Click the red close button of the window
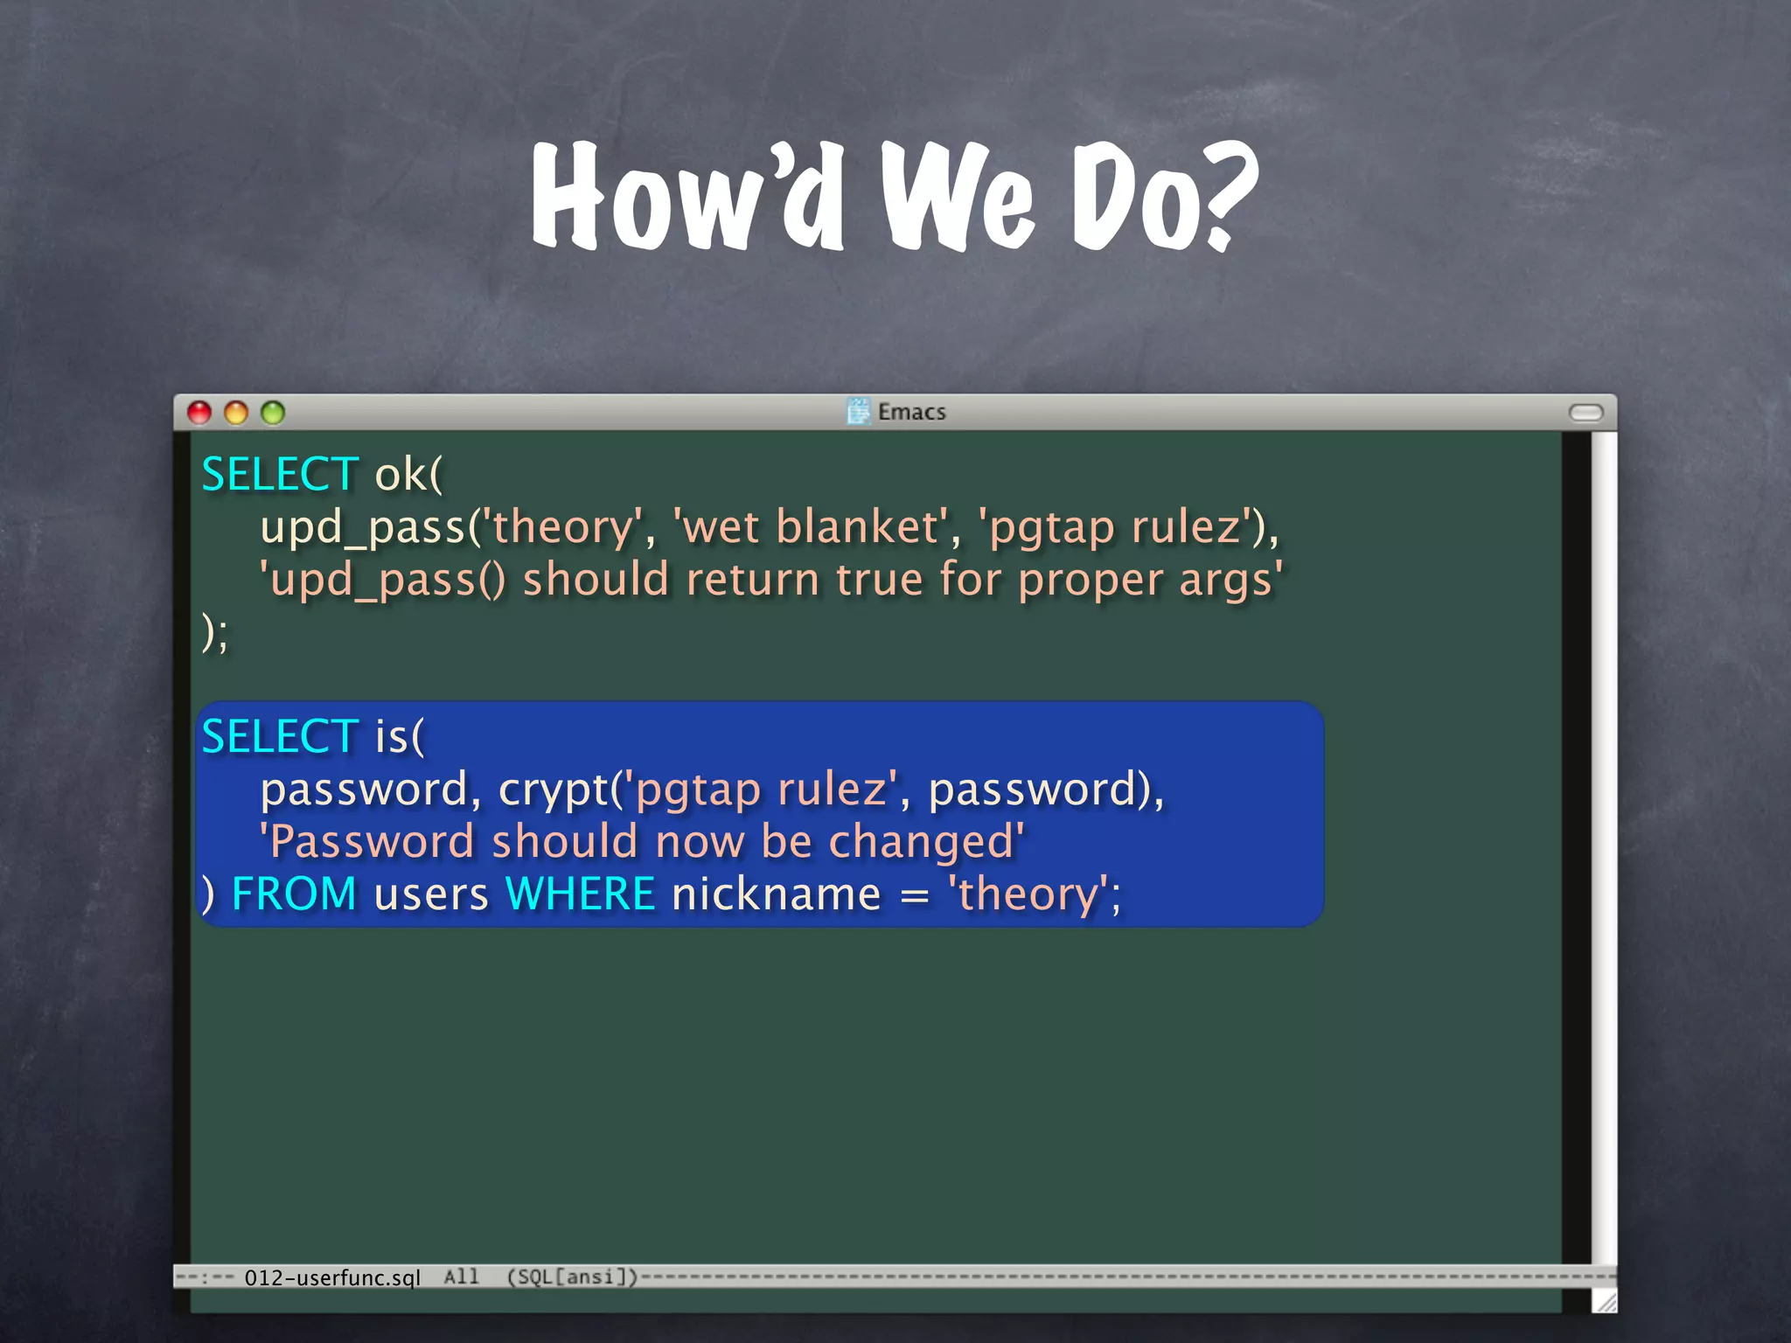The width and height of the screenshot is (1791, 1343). point(199,413)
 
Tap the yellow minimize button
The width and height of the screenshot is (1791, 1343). point(236,413)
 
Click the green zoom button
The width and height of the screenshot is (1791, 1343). point(273,413)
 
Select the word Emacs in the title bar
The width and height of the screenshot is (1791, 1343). point(911,412)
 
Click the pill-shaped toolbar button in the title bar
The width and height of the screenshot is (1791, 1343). point(1585,413)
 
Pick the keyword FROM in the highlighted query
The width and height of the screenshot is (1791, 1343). point(294,894)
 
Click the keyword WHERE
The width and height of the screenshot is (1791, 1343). point(580,894)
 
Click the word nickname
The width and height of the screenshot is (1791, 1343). point(776,894)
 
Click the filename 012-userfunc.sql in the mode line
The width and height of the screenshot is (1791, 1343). point(332,1277)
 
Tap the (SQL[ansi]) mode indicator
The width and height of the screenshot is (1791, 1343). point(573,1277)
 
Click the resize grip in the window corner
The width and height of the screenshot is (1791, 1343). point(1605,1302)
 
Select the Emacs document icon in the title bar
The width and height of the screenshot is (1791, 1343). point(859,411)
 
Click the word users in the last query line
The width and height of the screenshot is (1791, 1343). point(431,894)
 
